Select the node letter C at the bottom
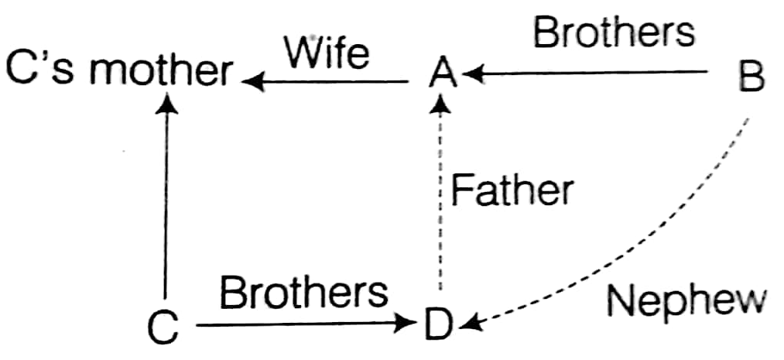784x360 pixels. [163, 327]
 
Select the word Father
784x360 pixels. [512, 190]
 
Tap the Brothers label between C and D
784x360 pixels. [303, 293]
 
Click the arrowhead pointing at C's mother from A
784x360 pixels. [251, 78]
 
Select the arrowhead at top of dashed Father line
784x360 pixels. [441, 102]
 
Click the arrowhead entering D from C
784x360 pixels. [410, 324]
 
